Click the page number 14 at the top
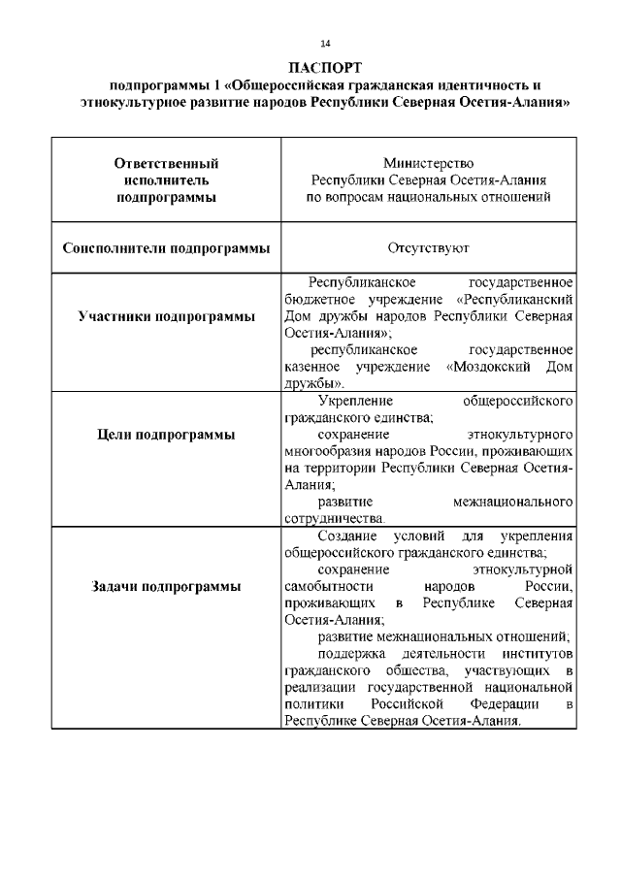325,43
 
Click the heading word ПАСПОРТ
325,67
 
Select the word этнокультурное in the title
131,101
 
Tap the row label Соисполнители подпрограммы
166,247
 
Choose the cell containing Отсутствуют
428,247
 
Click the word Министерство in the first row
428,163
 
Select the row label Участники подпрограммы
166,316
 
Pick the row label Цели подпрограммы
166,435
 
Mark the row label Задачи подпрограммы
166,586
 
